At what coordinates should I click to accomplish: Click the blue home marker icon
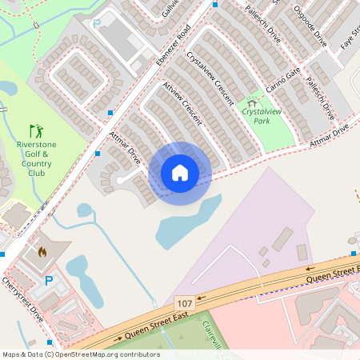click(180, 173)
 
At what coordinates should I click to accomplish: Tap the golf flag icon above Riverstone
click(36, 130)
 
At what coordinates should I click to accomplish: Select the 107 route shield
click(185, 303)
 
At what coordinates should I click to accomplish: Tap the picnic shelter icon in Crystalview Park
click(254, 102)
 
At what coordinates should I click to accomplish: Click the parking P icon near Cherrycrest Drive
click(49, 281)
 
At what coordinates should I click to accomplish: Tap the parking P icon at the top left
click(97, 24)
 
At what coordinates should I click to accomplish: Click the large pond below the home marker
click(187, 221)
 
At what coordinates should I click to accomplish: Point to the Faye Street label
click(349, 36)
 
